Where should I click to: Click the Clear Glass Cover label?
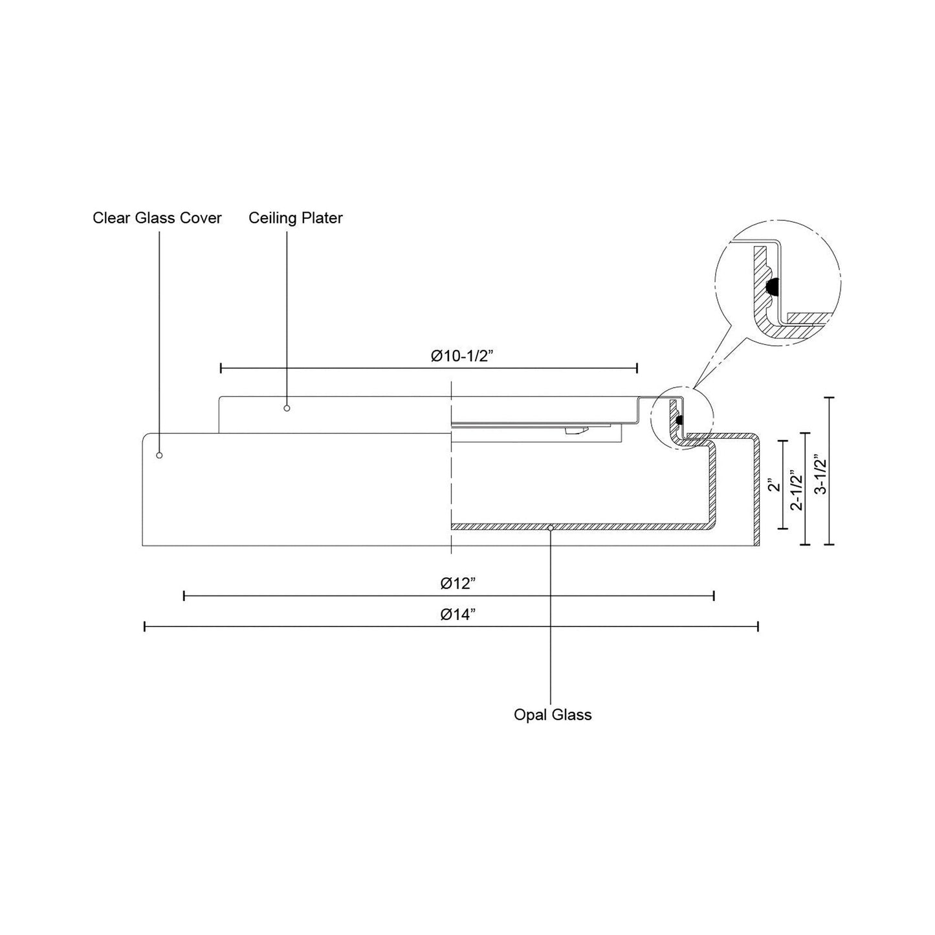pyautogui.click(x=157, y=218)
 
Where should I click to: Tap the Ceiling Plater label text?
pyautogui.click(x=296, y=218)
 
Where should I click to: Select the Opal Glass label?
pyautogui.click(x=553, y=715)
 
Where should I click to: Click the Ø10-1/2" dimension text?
pyautogui.click(x=462, y=356)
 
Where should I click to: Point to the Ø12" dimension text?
pyautogui.click(x=457, y=583)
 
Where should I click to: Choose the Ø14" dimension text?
pyautogui.click(x=457, y=615)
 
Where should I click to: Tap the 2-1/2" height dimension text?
pyautogui.click(x=797, y=490)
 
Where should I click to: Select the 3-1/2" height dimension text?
pyautogui.click(x=820, y=474)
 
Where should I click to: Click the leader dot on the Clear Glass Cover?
pyautogui.click(x=159, y=455)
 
